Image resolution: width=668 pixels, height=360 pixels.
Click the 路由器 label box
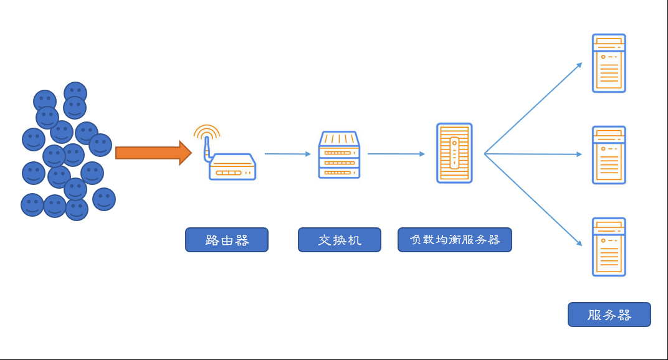pyautogui.click(x=227, y=240)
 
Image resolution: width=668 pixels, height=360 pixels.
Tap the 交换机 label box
pyautogui.click(x=340, y=240)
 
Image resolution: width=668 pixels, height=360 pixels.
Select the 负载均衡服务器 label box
pyautogui.click(x=455, y=240)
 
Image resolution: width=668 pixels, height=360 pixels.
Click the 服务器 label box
pyautogui.click(x=609, y=315)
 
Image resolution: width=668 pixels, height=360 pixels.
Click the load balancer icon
pyautogui.click(x=454, y=153)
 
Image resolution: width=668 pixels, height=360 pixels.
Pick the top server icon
pyautogui.click(x=609, y=63)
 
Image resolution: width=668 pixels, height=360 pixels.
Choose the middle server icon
pyautogui.click(x=609, y=154)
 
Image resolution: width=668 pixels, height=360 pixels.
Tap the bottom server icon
pyautogui.click(x=609, y=247)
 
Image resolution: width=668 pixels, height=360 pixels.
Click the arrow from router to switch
pyautogui.click(x=288, y=153)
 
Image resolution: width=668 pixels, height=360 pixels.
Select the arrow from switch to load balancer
pyautogui.click(x=396, y=153)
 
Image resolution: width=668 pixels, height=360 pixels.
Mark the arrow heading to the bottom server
pyautogui.click(x=533, y=200)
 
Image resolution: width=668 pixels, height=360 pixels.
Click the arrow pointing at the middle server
pyautogui.click(x=533, y=154)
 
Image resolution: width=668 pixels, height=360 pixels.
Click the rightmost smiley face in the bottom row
pyautogui.click(x=104, y=199)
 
